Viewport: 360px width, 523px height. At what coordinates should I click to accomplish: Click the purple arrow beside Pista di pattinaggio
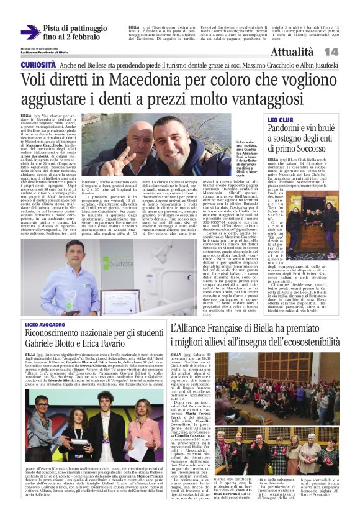(30, 32)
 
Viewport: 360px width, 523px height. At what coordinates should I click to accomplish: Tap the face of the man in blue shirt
(74, 251)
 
